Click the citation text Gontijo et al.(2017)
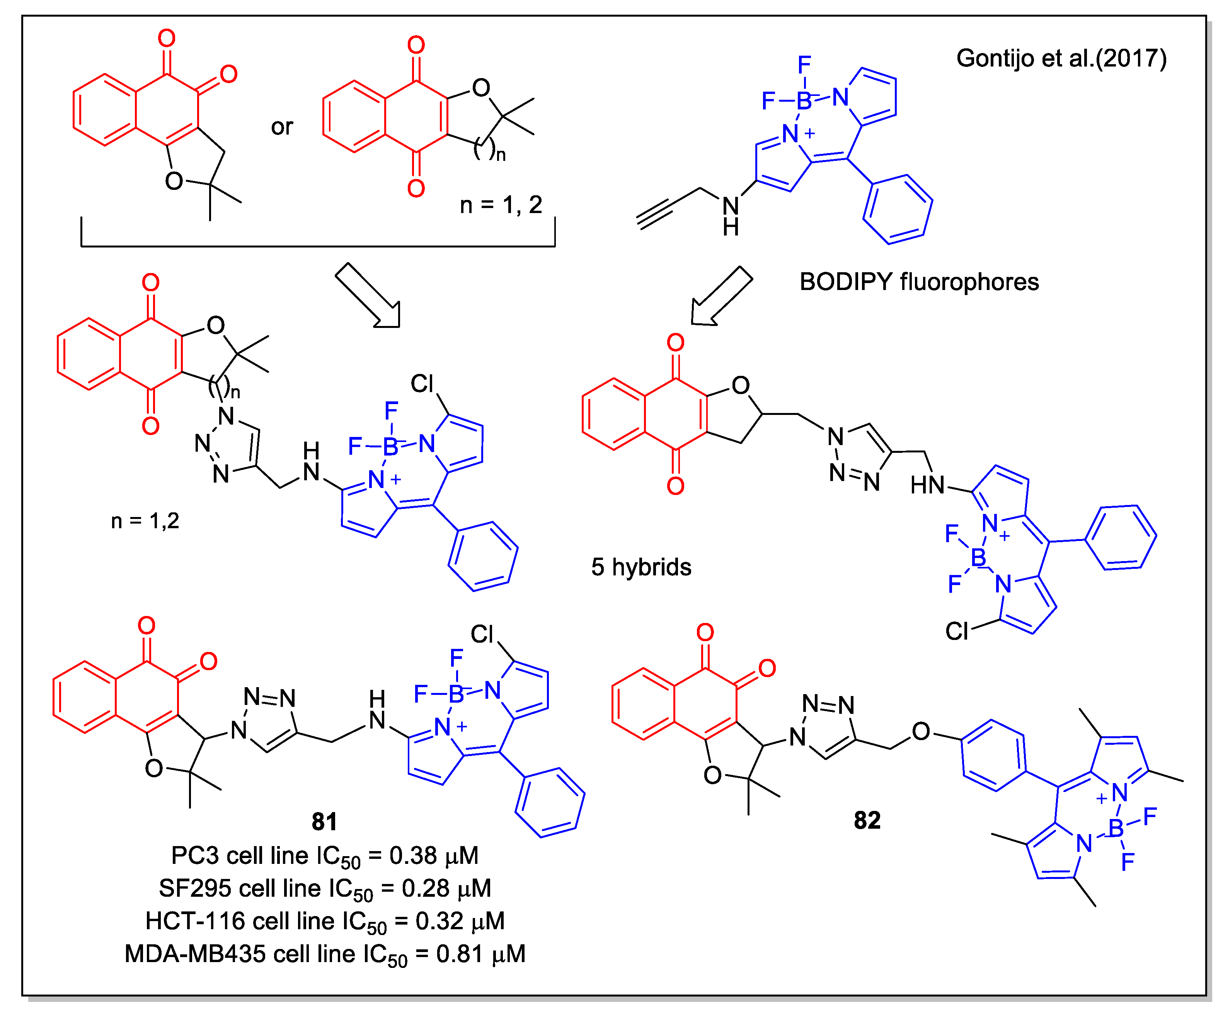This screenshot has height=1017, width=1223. pyautogui.click(x=1061, y=58)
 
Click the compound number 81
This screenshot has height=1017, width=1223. pyautogui.click(x=324, y=822)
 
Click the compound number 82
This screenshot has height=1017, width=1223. pyautogui.click(x=867, y=820)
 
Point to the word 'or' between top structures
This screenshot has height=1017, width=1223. pyautogui.click(x=282, y=127)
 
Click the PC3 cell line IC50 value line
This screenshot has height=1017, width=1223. pyautogui.click(x=324, y=856)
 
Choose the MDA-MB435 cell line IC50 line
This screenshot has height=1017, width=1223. pyautogui.click(x=324, y=954)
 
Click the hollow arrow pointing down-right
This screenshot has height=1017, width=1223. pyautogui.click(x=369, y=296)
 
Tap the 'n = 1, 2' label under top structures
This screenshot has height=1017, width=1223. pyautogui.click(x=501, y=205)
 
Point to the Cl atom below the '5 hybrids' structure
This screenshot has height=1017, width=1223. pyautogui.click(x=956, y=631)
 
